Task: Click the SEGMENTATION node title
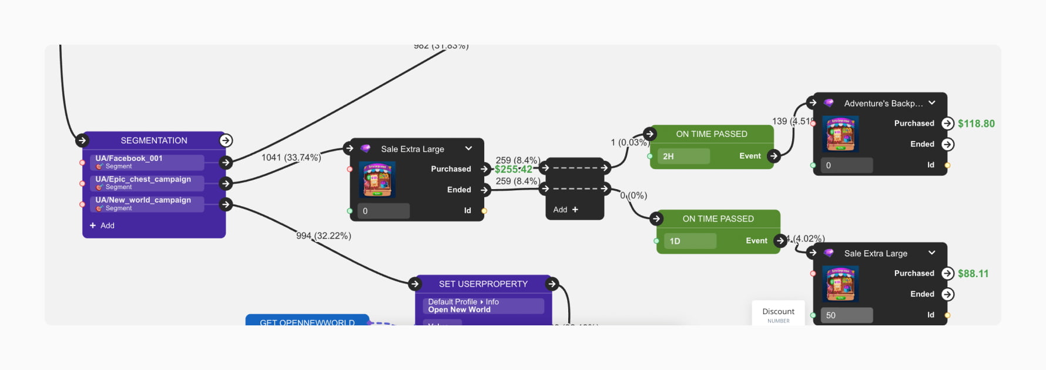[x=154, y=140]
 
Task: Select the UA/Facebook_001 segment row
[x=147, y=162]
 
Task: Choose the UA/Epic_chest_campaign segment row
[x=147, y=183]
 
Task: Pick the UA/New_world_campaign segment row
[x=147, y=204]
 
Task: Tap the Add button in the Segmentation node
[x=102, y=226]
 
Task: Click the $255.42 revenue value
[x=513, y=169]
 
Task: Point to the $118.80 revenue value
[x=976, y=124]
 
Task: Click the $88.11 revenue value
[x=973, y=274]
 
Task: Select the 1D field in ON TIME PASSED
[x=690, y=241]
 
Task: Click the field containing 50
[x=846, y=315]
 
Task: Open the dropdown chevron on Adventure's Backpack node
[x=932, y=103]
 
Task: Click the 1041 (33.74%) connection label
[x=291, y=157]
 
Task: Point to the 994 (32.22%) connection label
[x=324, y=236]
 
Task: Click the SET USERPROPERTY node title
[x=483, y=284]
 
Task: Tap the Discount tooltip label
[x=778, y=312]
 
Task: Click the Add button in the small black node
[x=566, y=210]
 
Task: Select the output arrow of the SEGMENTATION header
[x=226, y=140]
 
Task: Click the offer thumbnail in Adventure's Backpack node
[x=840, y=134]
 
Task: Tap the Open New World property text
[x=459, y=310]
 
